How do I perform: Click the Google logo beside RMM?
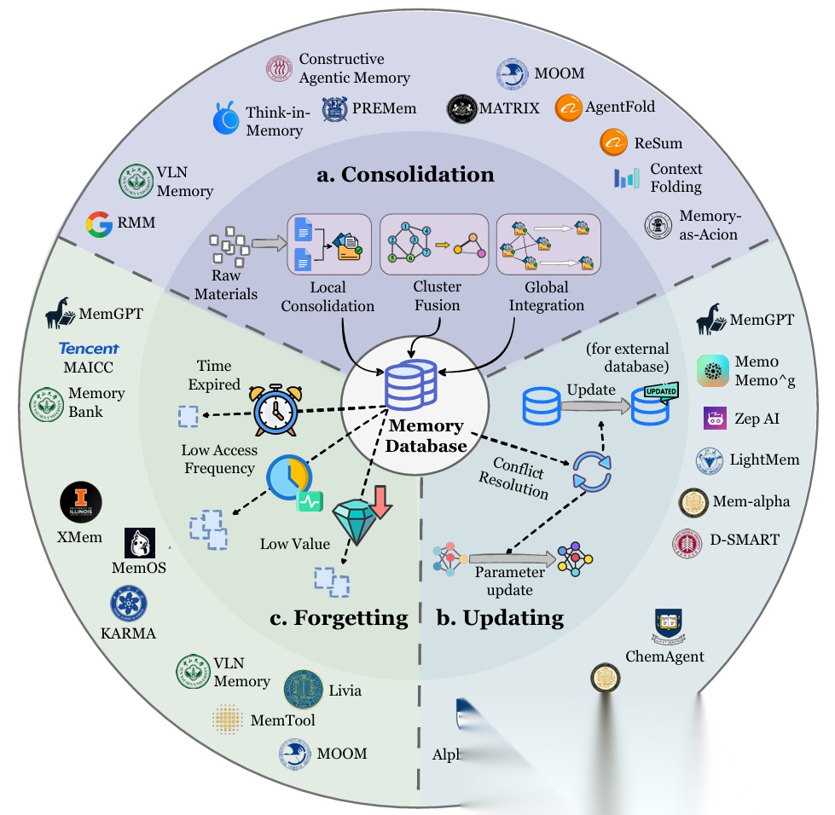[x=100, y=226]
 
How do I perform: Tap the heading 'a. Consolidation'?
[x=405, y=175]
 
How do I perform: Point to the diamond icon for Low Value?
[x=359, y=519]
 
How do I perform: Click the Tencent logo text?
[x=89, y=348]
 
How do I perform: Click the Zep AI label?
[x=757, y=419]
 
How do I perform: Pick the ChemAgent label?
[x=664, y=656]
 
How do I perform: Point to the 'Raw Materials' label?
[x=225, y=285]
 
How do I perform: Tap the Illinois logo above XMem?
[x=81, y=503]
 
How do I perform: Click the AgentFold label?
[x=620, y=107]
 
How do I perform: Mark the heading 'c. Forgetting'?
[x=339, y=617]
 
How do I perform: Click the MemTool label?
[x=282, y=720]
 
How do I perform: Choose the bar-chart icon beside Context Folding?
[x=627, y=177]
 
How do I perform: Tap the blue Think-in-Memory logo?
[x=226, y=119]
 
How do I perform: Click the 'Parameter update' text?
[x=504, y=581]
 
